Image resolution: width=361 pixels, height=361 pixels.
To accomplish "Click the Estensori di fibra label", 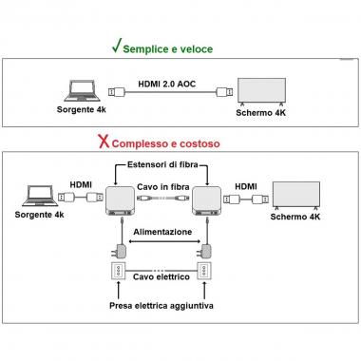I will [x=166, y=165].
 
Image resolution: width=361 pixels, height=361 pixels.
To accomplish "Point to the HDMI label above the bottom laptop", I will [x=81, y=184].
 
